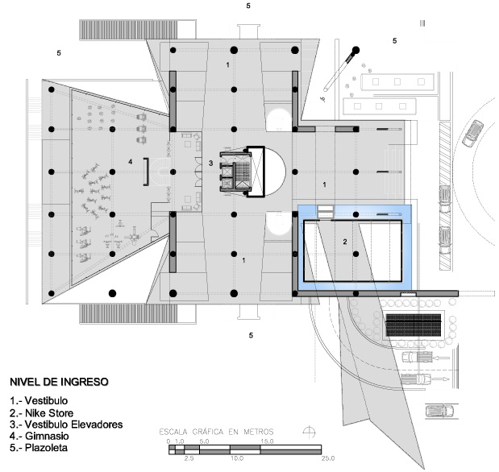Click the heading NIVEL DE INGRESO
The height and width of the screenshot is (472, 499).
pos(59,382)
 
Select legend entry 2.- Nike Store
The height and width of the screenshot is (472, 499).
pos(41,413)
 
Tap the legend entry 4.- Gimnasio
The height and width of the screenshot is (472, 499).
pos(40,436)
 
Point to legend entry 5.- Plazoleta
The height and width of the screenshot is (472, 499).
pos(39,448)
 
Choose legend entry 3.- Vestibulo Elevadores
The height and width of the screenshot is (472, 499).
pos(66,424)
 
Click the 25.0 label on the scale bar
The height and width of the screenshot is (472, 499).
pos(328,458)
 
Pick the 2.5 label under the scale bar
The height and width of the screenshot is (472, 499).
pos(189,458)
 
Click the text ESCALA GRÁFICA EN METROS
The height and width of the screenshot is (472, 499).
pos(216,432)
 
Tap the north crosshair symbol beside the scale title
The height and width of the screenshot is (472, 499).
pos(309,433)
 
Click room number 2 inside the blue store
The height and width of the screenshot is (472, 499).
pos(345,242)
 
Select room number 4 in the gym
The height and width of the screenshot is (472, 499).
pos(130,162)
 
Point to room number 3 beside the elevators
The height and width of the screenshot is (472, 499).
pos(210,164)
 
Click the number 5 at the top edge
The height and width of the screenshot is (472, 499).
pos(248,6)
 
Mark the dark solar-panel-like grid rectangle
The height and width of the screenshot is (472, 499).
pos(414,325)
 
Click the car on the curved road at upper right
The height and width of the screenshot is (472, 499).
pos(472,133)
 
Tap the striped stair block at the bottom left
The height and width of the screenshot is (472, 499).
pos(128,313)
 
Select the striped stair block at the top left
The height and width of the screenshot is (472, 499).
pos(128,30)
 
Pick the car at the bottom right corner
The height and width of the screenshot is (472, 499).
pos(439,412)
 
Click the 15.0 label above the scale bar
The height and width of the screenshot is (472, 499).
pos(267,441)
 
